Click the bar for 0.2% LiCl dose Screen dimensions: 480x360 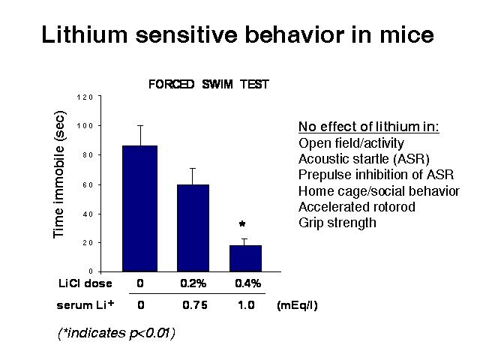pyautogui.click(x=193, y=228)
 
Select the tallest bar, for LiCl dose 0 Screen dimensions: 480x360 pyautogui.click(x=140, y=208)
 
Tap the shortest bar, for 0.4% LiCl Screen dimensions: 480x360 pyautogui.click(x=245, y=258)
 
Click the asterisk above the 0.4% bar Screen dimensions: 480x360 pyautogui.click(x=242, y=224)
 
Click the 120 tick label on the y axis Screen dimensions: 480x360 pyautogui.click(x=85, y=97)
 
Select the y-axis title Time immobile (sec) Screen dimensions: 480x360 pyautogui.click(x=58, y=174)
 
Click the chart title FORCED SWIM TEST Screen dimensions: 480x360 pyautogui.click(x=208, y=84)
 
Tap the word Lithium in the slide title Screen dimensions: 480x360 pyautogui.click(x=84, y=34)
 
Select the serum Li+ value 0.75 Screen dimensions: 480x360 pyautogui.click(x=195, y=305)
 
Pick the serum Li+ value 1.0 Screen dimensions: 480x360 pyautogui.click(x=246, y=305)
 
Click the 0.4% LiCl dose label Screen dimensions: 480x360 pyautogui.click(x=248, y=283)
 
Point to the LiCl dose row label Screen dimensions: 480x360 pyautogui.click(x=85, y=283)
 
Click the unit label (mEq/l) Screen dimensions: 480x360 pyautogui.click(x=297, y=305)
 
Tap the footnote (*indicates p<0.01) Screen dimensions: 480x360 pyautogui.click(x=116, y=333)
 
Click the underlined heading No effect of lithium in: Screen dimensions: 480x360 pyautogui.click(x=368, y=127)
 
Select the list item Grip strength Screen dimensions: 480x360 pyautogui.click(x=337, y=223)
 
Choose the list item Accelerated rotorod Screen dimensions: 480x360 pyautogui.click(x=357, y=207)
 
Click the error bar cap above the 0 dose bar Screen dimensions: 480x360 pyautogui.click(x=140, y=126)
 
